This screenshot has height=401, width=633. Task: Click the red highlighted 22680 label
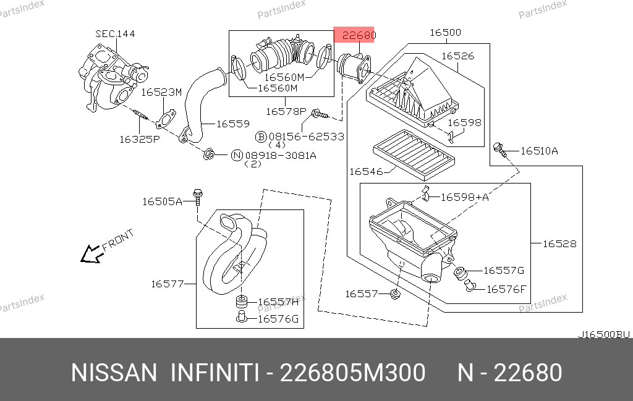pos(355,36)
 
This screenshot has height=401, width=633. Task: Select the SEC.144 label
pos(115,34)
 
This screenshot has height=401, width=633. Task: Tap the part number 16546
pos(365,171)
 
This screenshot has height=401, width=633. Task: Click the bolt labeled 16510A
pos(500,148)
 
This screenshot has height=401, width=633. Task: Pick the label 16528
pos(559,243)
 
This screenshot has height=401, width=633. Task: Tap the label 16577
pos(168,284)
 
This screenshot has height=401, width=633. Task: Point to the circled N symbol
pos(236,155)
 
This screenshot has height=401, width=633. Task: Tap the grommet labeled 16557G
pos(460,273)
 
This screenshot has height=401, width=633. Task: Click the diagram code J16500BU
pos(603,334)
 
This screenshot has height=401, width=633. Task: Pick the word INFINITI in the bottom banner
pos(213,373)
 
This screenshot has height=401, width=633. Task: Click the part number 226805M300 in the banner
pos(352,373)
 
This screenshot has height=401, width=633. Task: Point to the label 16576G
pos(278,319)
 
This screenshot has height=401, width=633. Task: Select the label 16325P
pos(140,139)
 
